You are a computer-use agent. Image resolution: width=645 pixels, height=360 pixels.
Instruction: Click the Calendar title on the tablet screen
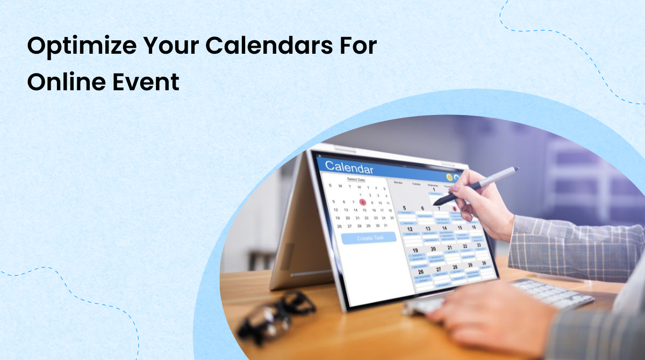pyautogui.click(x=349, y=167)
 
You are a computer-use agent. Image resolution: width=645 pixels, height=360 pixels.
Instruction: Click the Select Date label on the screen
pyautogui.click(x=356, y=179)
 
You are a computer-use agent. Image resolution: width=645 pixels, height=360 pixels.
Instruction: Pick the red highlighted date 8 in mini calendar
pyautogui.click(x=363, y=203)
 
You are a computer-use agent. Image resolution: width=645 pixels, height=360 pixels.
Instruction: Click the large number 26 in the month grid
pyautogui.click(x=421, y=272)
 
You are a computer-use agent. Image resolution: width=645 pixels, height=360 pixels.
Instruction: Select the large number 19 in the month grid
pyautogui.click(x=415, y=250)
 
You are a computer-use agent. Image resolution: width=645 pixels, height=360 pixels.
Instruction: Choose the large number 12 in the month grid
pyautogui.click(x=410, y=229)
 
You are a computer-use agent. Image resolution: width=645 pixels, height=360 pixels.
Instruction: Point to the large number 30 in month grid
pyautogui.click(x=483, y=263)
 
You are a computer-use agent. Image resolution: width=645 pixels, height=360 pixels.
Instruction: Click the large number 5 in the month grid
pyautogui.click(x=404, y=208)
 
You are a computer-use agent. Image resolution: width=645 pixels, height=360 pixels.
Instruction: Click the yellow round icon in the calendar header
pyautogui.click(x=449, y=177)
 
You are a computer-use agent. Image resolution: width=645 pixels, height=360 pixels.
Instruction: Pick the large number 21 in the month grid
pyautogui.click(x=450, y=248)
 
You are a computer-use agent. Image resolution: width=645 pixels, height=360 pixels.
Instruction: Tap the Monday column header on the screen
pyautogui.click(x=398, y=183)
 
